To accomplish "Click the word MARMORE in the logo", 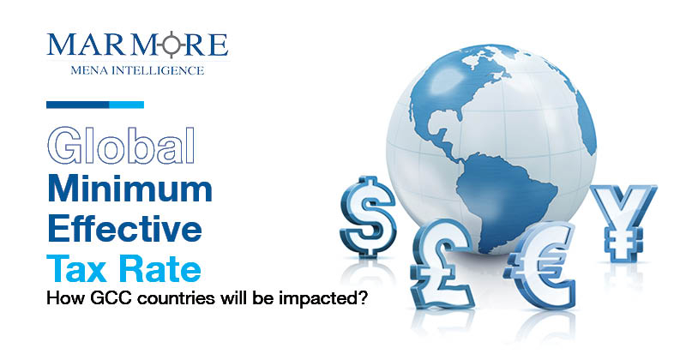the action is [x=137, y=45].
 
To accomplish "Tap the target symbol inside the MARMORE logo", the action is [x=172, y=45].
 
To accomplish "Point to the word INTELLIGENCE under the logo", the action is [x=158, y=70].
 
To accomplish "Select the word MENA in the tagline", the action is [x=89, y=70].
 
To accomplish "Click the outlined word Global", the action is [x=121, y=145].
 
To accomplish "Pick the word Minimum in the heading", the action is [x=130, y=188].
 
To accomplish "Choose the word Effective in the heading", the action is [x=124, y=228].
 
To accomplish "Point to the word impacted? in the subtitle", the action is [x=323, y=299].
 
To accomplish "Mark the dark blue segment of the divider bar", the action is [x=78, y=105].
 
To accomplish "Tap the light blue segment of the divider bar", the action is [x=126, y=105].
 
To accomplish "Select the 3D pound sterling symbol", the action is [x=441, y=264].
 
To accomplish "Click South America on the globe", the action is [x=504, y=197].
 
